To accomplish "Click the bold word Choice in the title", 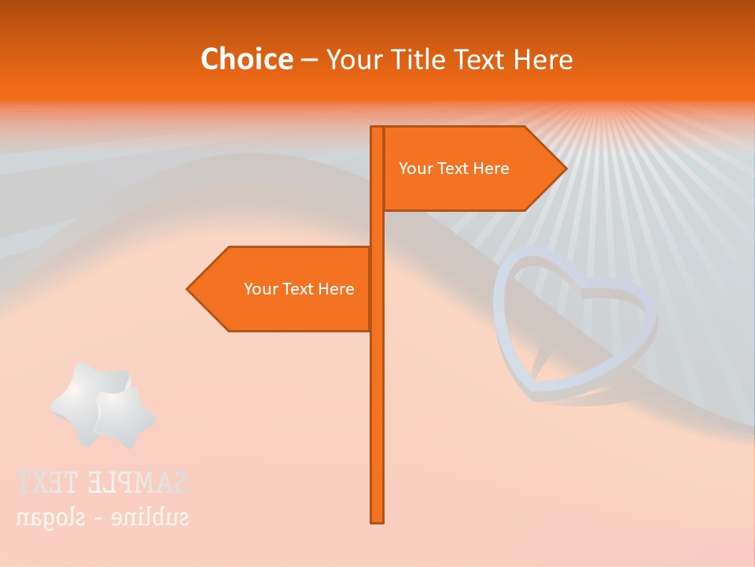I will pyautogui.click(x=246, y=59).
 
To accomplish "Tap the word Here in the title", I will pyautogui.click(x=543, y=59).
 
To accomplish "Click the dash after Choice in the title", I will pyautogui.click(x=309, y=60).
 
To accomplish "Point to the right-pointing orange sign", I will pyautogui.click(x=472, y=169).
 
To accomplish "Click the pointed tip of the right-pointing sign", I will pyautogui.click(x=565, y=169).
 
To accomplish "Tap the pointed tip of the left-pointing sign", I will pyautogui.click(x=189, y=289).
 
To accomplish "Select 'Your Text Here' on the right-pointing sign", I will pyautogui.click(x=454, y=169).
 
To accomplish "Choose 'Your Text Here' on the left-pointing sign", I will pyautogui.click(x=299, y=289).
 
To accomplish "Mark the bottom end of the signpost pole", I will pyautogui.click(x=377, y=521).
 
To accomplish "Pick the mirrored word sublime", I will pyautogui.click(x=149, y=517).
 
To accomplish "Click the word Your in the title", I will pyautogui.click(x=352, y=59).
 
